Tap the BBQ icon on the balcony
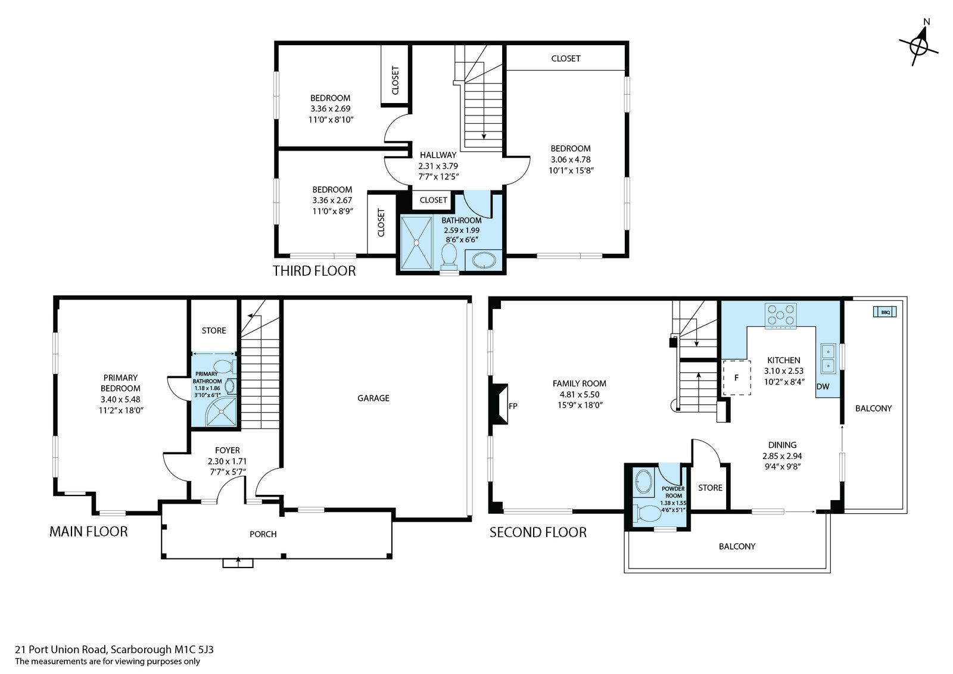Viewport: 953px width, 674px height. tap(885, 312)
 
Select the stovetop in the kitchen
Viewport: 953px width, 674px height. tap(780, 316)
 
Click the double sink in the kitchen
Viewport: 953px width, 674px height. tap(828, 358)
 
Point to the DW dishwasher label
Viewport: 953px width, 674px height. tap(823, 386)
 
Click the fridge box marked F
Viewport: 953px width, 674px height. tap(736, 377)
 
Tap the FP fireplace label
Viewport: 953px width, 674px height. tap(513, 405)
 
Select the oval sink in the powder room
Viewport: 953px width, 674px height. tap(643, 481)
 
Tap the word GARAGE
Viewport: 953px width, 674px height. tap(373, 398)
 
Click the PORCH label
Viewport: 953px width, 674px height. tap(263, 534)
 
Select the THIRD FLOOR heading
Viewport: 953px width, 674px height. tap(314, 271)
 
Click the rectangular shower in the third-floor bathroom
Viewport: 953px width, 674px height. tap(416, 242)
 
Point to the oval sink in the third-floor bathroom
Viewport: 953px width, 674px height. tap(483, 260)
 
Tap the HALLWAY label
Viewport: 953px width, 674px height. tap(438, 155)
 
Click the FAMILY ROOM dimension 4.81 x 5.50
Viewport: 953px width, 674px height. tap(579, 394)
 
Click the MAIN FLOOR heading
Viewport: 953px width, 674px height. tap(89, 532)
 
